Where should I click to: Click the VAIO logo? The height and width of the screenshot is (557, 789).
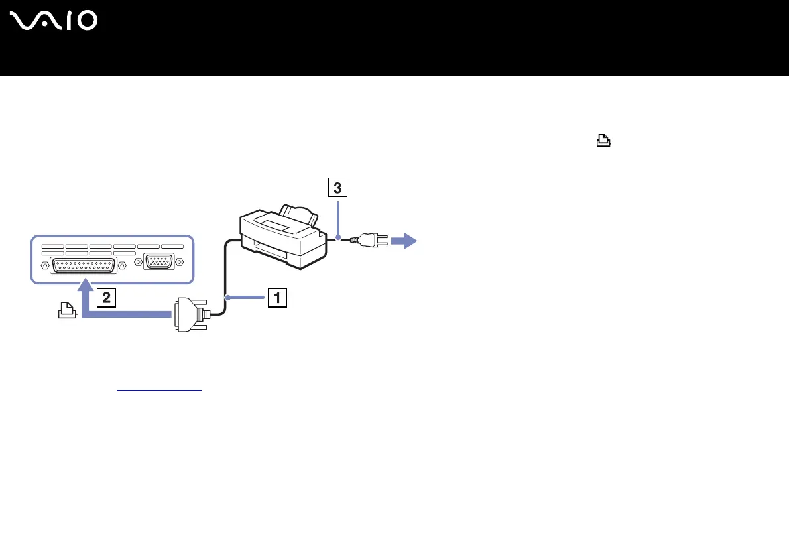54,21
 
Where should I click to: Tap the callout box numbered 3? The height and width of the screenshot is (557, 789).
337,189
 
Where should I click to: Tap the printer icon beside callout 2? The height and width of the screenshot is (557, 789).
67,310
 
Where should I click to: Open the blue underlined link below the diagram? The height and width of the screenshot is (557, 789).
158,390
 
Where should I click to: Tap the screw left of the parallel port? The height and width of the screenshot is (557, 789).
45,265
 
